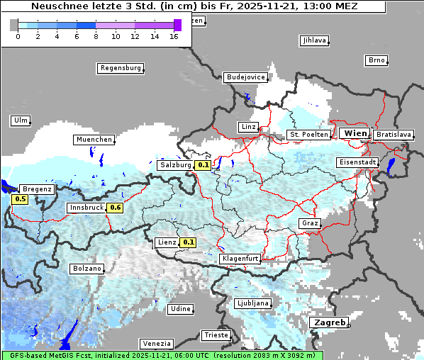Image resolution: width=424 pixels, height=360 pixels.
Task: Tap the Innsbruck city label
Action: tap(85, 208)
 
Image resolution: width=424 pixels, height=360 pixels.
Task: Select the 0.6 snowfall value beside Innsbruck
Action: tap(116, 208)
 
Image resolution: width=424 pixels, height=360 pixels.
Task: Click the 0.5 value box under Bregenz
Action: tap(20, 199)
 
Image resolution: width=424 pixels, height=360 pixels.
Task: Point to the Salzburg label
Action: tap(175, 165)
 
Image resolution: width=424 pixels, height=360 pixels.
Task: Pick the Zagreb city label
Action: tap(328, 323)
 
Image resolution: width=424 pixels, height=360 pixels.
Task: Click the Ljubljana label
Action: tap(252, 303)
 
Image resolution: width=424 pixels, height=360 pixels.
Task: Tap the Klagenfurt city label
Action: tap(240, 259)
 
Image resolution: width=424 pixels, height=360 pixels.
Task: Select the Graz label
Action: tap(309, 223)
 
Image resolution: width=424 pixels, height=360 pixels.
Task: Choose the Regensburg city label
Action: tap(120, 68)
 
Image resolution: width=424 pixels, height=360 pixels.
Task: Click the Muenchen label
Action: tap(94, 140)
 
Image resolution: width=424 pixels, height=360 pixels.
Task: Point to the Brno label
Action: tap(376, 60)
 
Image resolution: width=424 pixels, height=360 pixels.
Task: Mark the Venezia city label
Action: tap(155, 343)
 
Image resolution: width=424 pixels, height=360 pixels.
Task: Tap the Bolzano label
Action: tap(87, 269)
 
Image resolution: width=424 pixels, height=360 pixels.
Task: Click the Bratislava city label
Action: tap(393, 134)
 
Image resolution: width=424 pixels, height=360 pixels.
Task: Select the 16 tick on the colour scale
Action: tap(174, 37)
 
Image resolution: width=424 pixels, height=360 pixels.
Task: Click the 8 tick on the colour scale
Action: tap(96, 37)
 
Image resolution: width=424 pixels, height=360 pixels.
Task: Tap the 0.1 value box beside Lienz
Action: tap(188, 242)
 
